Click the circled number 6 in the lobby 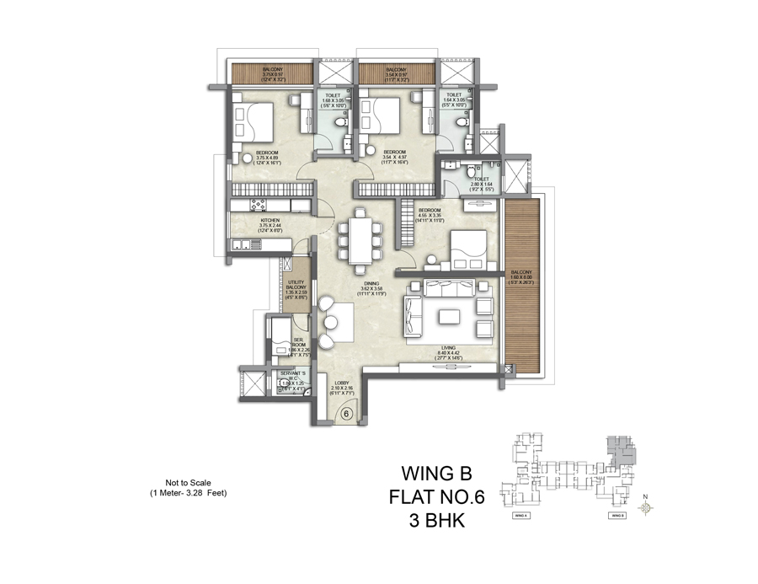coord(345,415)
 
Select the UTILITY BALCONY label coord(296,287)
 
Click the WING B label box coord(617,513)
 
